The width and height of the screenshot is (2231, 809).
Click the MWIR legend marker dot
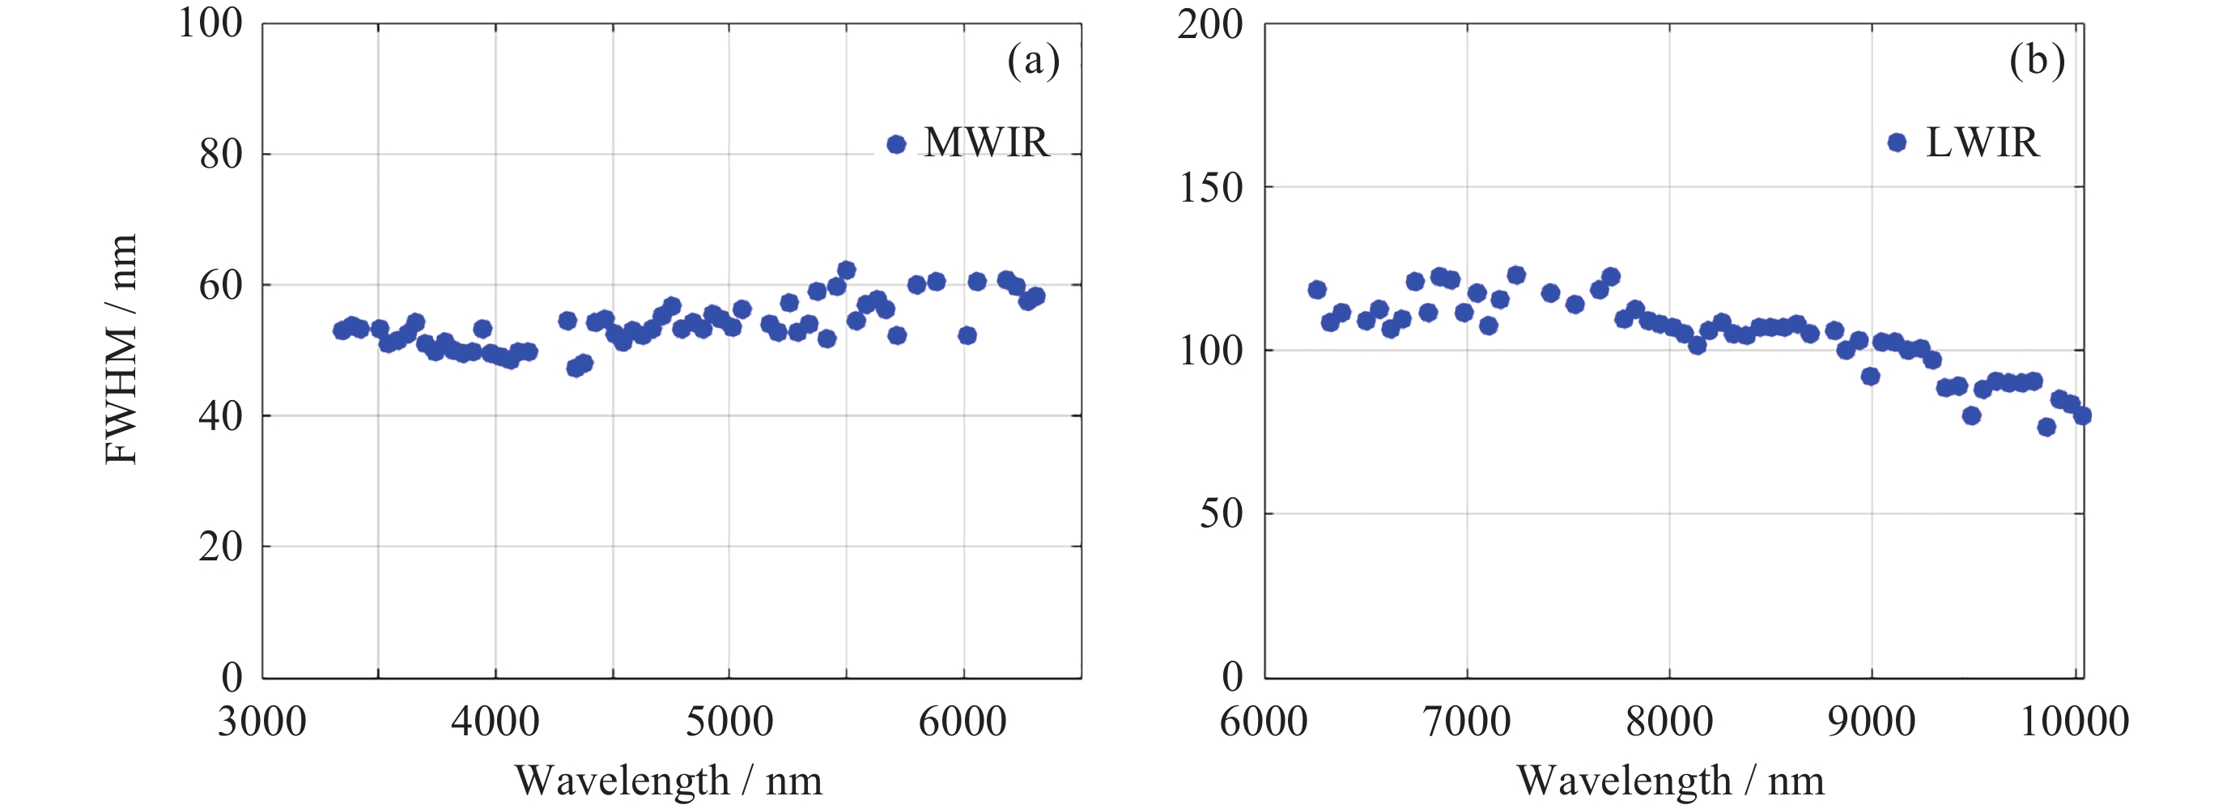point(896,144)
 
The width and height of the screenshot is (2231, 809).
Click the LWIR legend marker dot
point(1897,142)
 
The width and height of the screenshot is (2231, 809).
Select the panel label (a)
point(1033,62)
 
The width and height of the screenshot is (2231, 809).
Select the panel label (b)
point(2037,62)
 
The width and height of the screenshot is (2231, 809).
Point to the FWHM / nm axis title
point(121,349)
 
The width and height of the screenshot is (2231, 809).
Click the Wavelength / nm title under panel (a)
point(668,781)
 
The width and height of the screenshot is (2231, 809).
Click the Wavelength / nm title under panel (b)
point(1670,781)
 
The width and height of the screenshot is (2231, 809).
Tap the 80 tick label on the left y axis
point(221,155)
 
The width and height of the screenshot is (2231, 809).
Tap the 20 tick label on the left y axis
point(221,547)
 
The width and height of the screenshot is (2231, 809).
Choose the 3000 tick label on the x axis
point(261,722)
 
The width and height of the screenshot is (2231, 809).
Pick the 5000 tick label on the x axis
point(729,722)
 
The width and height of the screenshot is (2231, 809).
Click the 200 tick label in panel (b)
point(1210,25)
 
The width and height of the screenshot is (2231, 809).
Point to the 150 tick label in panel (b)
point(1211,188)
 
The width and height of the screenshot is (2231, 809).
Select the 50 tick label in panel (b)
point(1222,514)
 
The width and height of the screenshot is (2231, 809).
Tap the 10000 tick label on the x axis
point(2074,722)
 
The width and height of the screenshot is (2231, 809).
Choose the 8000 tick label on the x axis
point(1669,722)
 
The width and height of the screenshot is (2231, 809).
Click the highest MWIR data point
point(846,270)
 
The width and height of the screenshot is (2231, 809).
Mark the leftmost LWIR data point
point(1317,289)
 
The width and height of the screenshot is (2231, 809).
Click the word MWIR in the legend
point(987,143)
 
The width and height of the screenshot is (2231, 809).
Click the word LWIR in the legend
point(1982,143)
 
